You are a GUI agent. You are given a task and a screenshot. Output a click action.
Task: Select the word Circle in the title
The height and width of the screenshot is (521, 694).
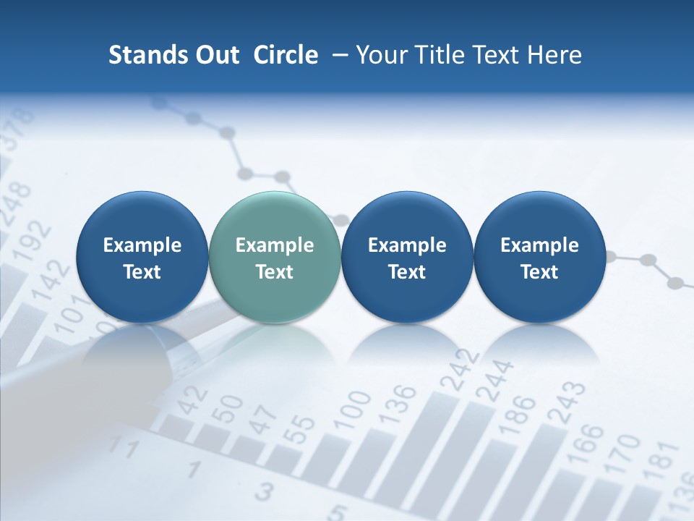[286, 55]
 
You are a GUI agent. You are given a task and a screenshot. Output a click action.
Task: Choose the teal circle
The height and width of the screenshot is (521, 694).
[274, 257]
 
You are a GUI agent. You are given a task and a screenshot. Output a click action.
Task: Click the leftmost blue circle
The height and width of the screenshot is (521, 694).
[142, 257]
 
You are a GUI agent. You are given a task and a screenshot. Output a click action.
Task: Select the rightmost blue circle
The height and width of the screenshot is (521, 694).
[539, 257]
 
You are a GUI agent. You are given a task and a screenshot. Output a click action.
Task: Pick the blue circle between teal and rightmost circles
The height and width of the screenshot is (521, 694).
[407, 257]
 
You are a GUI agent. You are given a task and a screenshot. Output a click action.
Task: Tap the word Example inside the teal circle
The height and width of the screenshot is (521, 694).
[274, 245]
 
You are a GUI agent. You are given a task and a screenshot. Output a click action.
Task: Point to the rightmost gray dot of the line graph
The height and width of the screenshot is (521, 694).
[677, 282]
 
